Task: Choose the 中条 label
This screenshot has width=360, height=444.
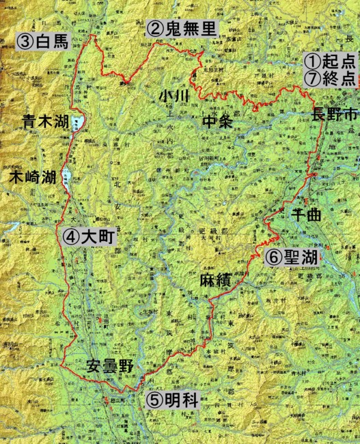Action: coord(219,122)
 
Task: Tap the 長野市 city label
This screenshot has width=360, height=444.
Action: coord(334,113)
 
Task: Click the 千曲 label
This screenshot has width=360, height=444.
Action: coord(306,214)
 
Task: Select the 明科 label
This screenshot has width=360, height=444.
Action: coord(180,401)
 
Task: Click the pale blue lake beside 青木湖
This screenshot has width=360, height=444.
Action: coord(76,124)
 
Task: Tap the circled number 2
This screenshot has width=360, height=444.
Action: coord(154,29)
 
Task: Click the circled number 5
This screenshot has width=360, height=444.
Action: coord(153,401)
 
